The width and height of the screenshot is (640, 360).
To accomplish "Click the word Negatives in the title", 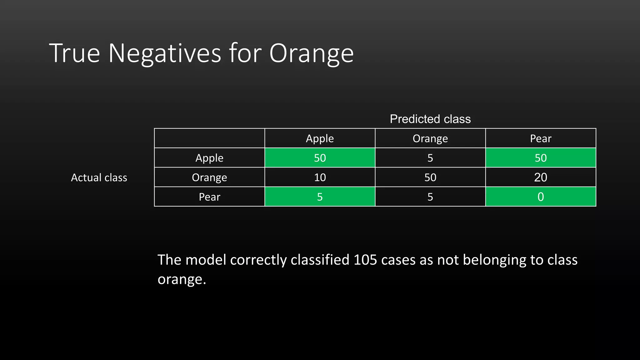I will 165,54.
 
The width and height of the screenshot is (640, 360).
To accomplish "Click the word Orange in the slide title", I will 311,54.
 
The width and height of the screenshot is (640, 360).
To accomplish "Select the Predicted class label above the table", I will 430,119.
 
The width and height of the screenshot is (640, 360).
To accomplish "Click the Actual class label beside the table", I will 99,177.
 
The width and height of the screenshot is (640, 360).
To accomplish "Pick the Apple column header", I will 320,138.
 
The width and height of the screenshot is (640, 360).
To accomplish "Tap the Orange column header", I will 430,138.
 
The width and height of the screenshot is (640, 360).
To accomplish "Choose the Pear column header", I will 540,138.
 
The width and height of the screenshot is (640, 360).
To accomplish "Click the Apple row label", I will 209,158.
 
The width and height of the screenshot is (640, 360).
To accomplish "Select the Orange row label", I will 209,177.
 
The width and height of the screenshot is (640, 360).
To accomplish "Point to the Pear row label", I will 209,197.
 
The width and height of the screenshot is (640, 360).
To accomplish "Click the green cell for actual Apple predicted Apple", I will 320,158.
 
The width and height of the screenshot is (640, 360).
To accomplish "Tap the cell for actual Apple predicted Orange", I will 430,158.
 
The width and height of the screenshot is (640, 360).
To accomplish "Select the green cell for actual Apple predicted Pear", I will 540,158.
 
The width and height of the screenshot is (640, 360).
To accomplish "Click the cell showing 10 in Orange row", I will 320,177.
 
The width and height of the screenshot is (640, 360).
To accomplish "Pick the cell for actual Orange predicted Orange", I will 430,177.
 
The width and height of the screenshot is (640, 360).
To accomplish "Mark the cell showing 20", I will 540,177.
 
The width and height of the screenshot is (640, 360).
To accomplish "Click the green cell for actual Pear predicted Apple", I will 320,197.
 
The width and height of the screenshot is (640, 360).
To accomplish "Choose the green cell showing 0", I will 540,197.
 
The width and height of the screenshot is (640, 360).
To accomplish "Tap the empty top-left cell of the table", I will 209,138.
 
